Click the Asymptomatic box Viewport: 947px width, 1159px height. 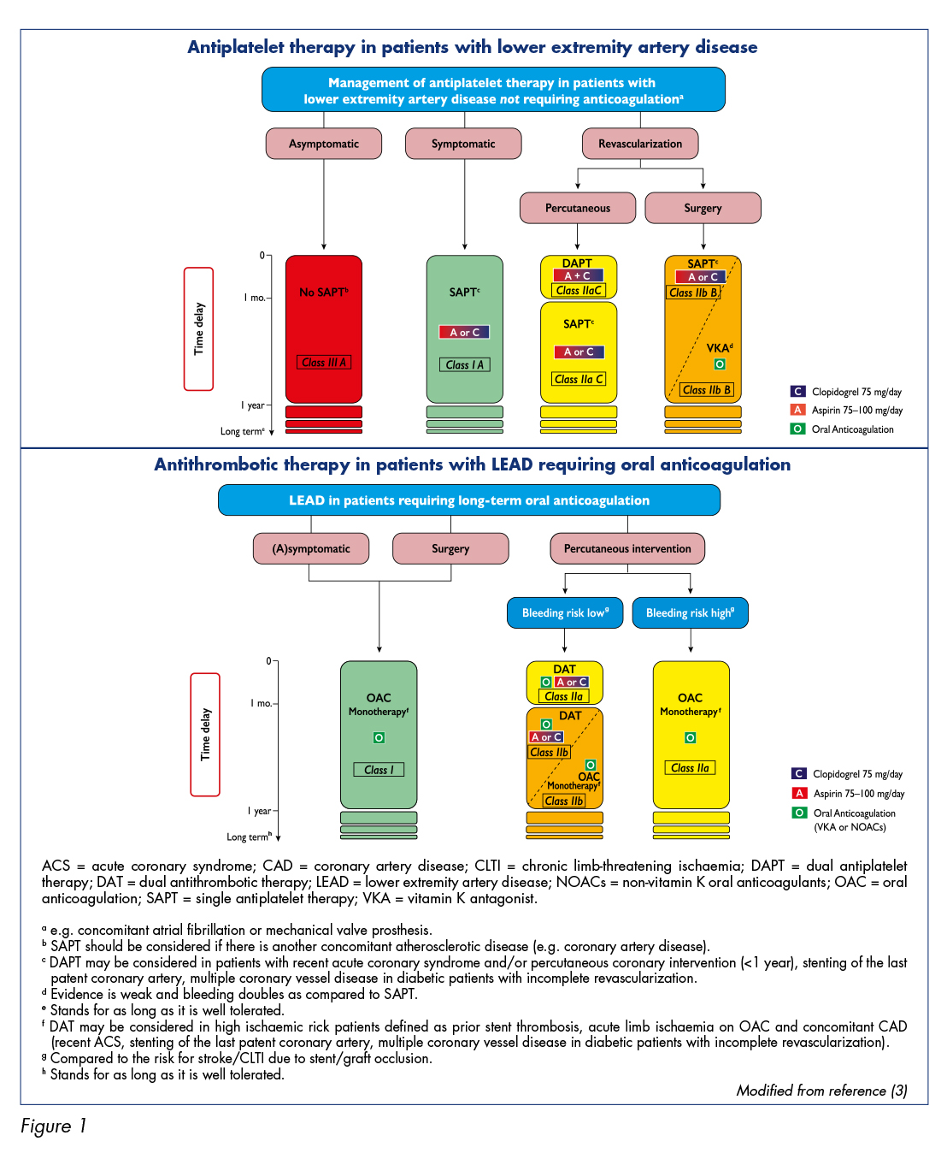[324, 144]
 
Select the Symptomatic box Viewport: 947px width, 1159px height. [463, 144]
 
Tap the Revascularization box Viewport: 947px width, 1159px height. [640, 144]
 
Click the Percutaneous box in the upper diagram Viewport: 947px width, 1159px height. [577, 208]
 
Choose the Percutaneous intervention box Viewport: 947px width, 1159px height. [627, 548]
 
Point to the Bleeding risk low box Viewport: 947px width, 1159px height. [565, 612]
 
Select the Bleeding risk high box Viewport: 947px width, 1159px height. [690, 612]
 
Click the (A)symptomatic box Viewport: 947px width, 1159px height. [311, 548]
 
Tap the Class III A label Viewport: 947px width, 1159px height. [324, 362]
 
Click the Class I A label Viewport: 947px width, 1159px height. [465, 364]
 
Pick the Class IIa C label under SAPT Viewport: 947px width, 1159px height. [579, 379]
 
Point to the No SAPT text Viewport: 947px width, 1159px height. [324, 292]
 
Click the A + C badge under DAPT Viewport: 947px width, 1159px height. [578, 275]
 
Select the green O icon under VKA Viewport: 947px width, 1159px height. [720, 364]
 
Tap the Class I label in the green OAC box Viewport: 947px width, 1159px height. [379, 769]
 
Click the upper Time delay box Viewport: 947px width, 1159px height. [199, 328]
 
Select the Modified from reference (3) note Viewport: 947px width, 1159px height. [821, 1091]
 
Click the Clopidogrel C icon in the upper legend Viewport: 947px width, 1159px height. [797, 391]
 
